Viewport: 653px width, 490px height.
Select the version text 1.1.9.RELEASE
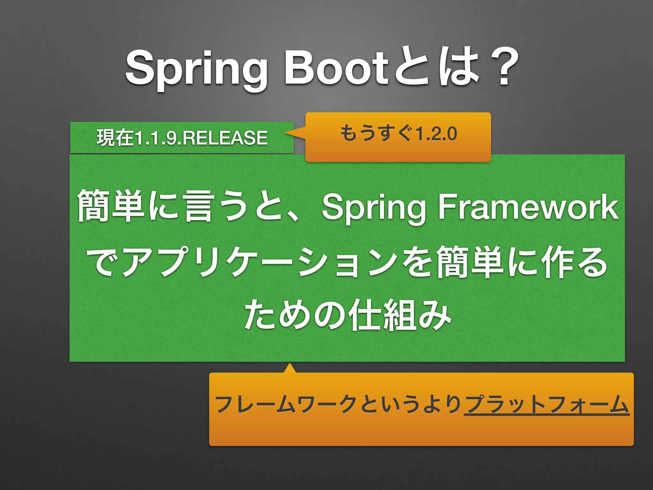[201, 138]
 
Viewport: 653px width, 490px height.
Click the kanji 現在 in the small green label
[115, 138]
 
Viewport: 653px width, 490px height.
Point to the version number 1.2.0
[437, 134]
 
